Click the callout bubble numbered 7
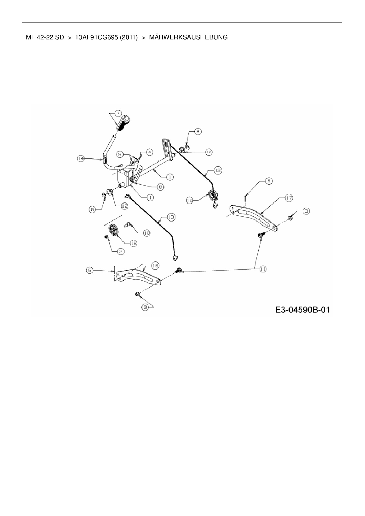(118, 113)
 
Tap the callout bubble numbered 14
(81, 159)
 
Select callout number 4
(150, 152)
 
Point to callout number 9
(120, 154)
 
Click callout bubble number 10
(147, 233)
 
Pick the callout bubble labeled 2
(121, 251)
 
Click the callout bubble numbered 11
(263, 269)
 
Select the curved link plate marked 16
(138, 277)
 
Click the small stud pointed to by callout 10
(129, 225)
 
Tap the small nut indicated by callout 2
(106, 237)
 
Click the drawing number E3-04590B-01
(303, 309)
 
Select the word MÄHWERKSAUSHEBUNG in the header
(188, 37)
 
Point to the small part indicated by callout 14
(104, 160)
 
